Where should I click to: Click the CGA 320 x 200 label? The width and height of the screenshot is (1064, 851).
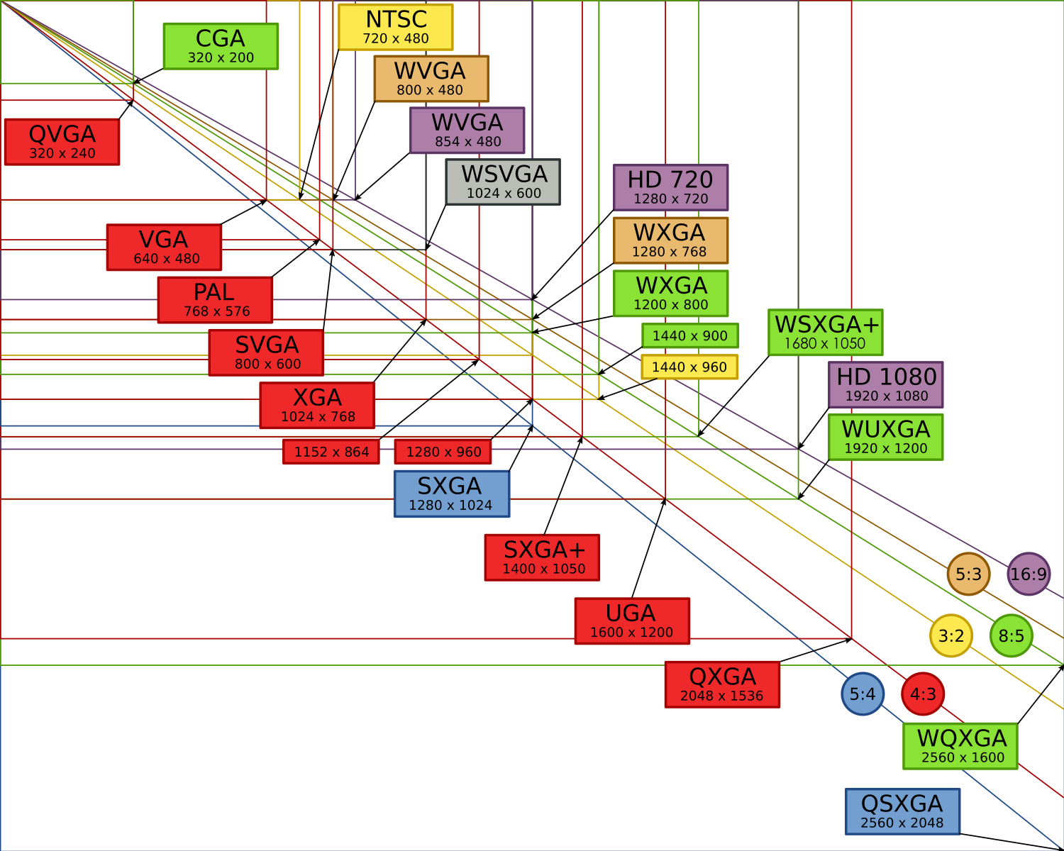tap(221, 46)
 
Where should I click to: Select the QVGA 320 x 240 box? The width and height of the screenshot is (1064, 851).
tap(62, 142)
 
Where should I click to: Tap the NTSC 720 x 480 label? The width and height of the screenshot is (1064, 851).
tap(396, 27)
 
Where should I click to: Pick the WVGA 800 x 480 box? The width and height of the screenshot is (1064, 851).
tap(431, 79)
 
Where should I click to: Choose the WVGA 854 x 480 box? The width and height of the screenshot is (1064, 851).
tap(467, 130)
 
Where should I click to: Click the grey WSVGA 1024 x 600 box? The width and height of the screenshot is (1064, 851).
tap(503, 182)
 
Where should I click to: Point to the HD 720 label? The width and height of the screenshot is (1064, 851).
tap(670, 188)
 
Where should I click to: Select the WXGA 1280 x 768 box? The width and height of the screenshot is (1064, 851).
tap(670, 240)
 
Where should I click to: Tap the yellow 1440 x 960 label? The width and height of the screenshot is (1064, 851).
tap(689, 367)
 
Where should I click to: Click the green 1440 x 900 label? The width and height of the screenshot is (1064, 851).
tap(690, 335)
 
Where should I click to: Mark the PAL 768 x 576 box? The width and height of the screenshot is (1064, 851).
tap(215, 300)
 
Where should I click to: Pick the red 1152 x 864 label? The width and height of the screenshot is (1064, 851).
tap(331, 452)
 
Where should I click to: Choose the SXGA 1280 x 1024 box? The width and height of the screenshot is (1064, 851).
tap(451, 494)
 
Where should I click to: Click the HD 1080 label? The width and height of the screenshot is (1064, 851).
tap(886, 385)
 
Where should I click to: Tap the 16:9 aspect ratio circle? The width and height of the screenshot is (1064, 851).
tap(1029, 574)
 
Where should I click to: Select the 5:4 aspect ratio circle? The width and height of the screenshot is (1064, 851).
tap(863, 694)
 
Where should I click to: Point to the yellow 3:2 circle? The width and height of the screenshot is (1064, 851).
tap(951, 635)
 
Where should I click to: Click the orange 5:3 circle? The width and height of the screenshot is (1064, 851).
tap(968, 574)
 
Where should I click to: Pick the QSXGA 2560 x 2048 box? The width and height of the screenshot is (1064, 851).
tap(902, 811)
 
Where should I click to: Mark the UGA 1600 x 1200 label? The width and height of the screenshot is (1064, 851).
tap(632, 621)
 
